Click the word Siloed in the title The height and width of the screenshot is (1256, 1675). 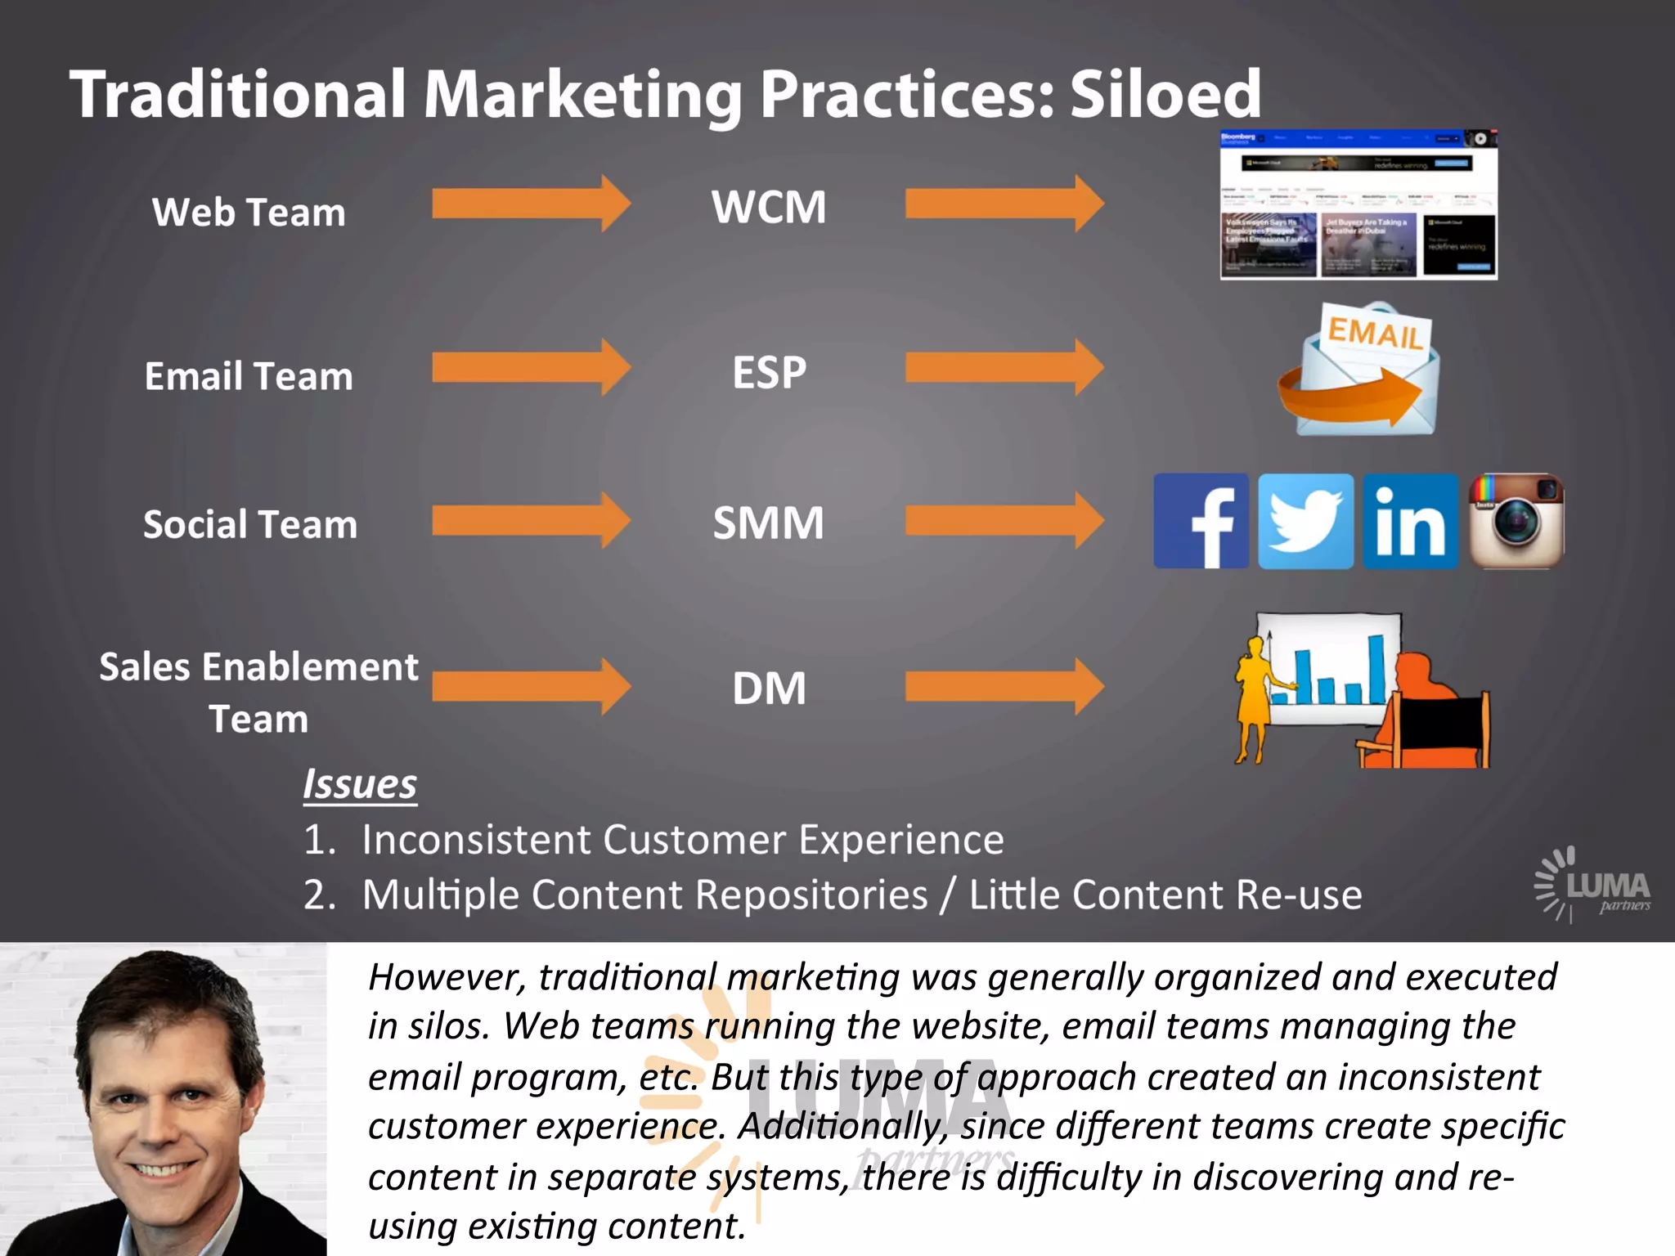tap(1165, 95)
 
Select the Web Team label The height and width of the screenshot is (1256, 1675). tap(249, 213)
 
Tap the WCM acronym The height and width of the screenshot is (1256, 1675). tap(769, 207)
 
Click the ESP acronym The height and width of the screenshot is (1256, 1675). tap(769, 373)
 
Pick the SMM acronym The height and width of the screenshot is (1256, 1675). tap(769, 523)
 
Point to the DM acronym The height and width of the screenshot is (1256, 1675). tap(769, 689)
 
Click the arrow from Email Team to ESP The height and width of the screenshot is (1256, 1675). tap(530, 367)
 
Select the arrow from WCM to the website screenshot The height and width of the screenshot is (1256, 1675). tap(1004, 203)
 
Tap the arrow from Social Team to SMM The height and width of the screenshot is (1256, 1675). tap(530, 520)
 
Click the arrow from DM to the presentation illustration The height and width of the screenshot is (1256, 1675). tap(1004, 687)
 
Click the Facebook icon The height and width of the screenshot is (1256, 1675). tap(1201, 521)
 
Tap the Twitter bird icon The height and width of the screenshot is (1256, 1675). tap(1305, 521)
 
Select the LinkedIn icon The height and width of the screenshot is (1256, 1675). tap(1410, 521)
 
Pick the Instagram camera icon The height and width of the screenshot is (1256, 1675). tap(1516, 521)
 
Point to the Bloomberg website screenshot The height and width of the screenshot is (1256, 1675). tap(1358, 205)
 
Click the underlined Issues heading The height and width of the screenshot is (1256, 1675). tap(360, 784)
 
